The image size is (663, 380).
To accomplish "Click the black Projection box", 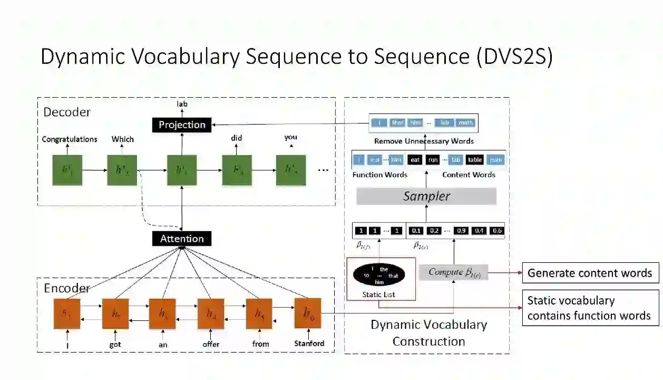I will (182, 125).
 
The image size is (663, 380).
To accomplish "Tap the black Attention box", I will (182, 239).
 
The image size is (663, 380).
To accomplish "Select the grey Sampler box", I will (426, 196).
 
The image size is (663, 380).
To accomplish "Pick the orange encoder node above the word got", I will (115, 314).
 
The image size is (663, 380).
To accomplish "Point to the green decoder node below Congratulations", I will (67, 170).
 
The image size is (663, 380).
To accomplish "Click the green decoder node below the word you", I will (291, 170).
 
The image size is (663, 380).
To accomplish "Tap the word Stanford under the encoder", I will (309, 344).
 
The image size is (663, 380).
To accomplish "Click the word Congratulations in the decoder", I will (70, 139).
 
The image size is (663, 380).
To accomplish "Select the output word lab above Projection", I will (182, 104).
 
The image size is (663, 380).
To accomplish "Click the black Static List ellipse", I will (379, 275).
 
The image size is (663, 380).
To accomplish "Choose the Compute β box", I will (454, 272).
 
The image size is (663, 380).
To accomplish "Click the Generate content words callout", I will (590, 273).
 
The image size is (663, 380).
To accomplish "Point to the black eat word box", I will (415, 160).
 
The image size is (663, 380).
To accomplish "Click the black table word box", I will (475, 160).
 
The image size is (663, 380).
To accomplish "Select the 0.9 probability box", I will (462, 231).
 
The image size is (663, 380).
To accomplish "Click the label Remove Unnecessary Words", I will (424, 141).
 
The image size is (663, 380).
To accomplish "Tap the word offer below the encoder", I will (211, 344).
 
